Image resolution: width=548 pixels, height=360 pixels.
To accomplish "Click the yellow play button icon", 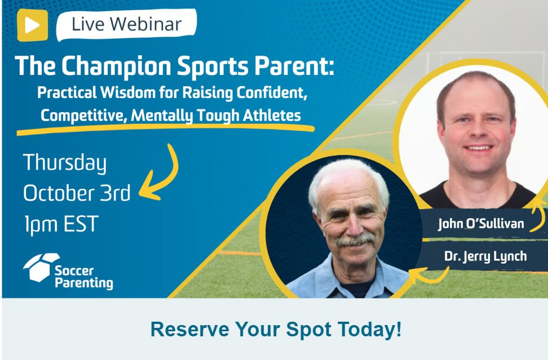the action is click(32, 25).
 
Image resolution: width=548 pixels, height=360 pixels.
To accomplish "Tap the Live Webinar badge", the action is click(126, 24).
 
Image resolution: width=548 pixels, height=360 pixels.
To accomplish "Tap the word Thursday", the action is click(65, 163).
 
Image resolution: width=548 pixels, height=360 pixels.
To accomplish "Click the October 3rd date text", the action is click(77, 193).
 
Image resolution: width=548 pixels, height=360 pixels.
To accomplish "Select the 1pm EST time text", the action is click(61, 224).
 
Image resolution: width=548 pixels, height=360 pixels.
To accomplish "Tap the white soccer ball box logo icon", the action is click(41, 267).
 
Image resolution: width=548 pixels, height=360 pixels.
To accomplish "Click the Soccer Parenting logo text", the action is click(84, 277).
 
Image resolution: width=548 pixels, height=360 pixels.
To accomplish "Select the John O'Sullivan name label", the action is click(481, 224).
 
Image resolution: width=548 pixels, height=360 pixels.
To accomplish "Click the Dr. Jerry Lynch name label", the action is click(485, 256).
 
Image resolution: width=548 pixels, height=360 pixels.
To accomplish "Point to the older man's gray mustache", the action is click(355, 240).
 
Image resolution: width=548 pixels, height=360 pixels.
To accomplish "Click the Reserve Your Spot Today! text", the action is click(276, 329).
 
